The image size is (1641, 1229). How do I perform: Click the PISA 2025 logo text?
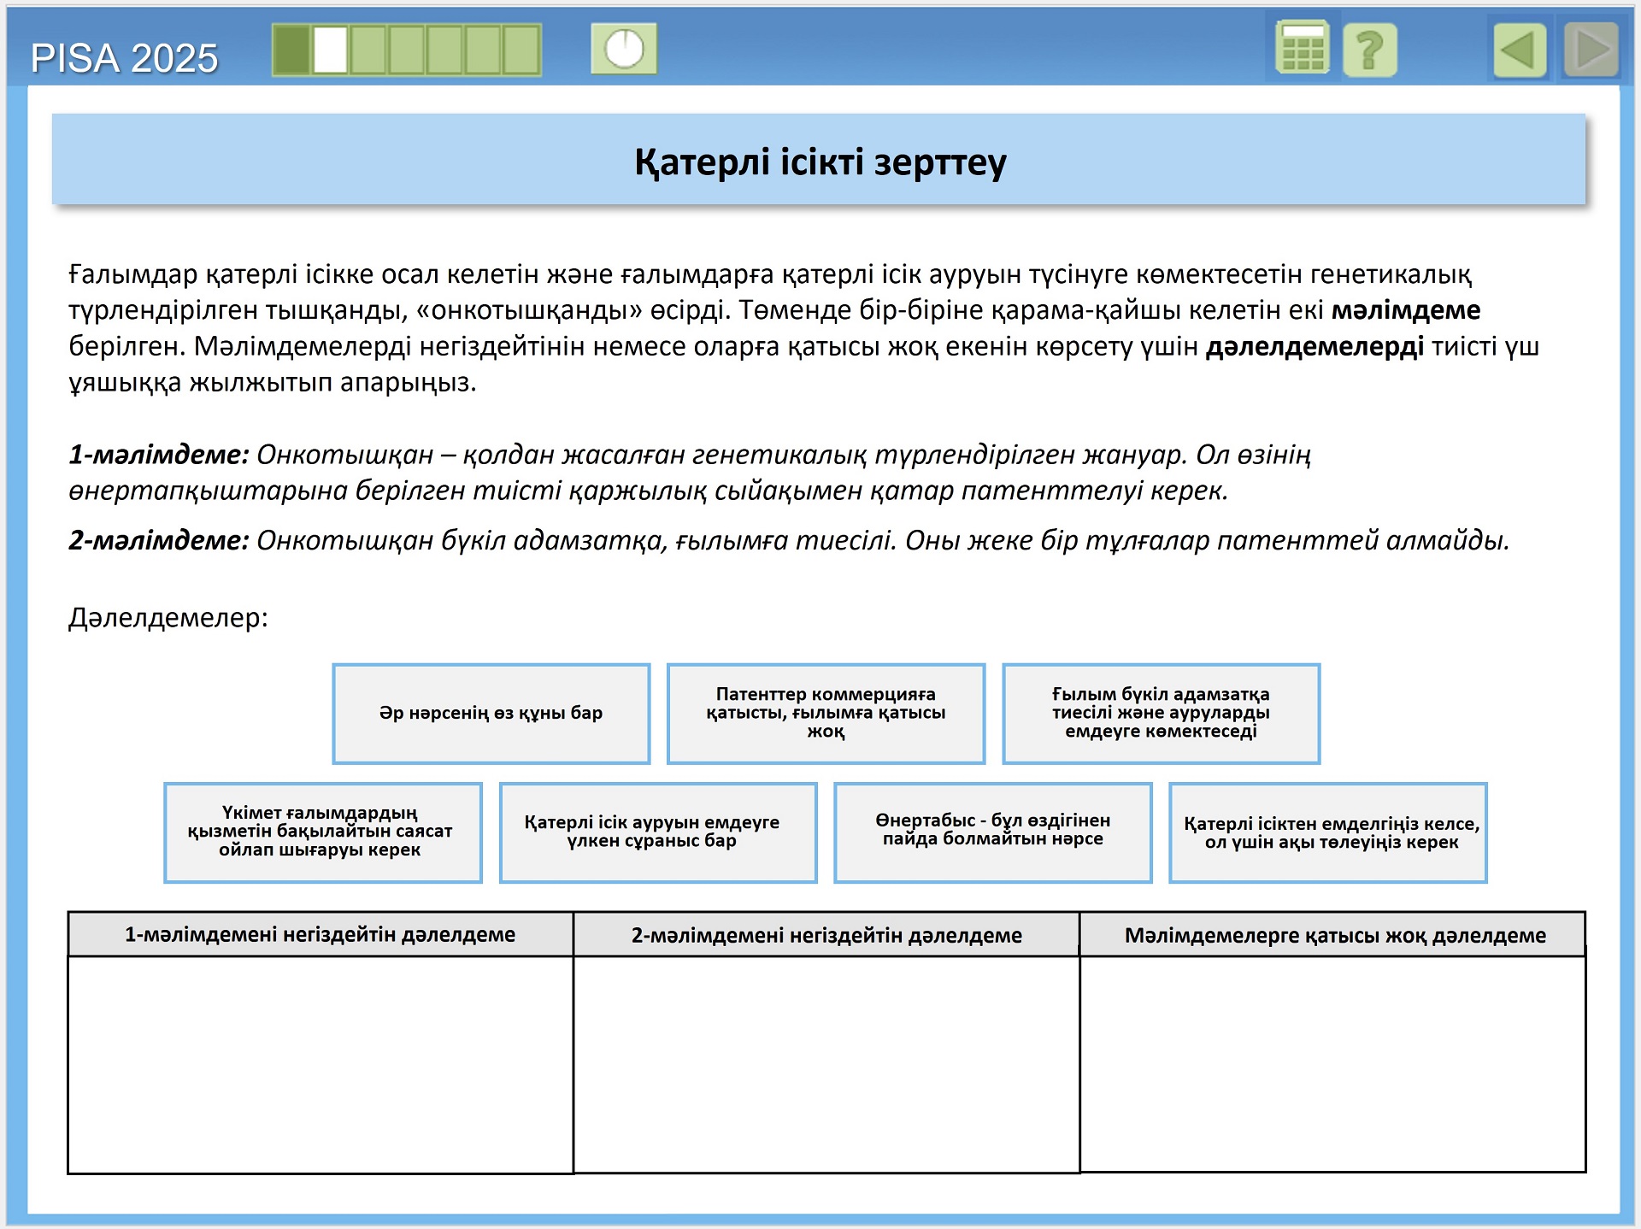(124, 58)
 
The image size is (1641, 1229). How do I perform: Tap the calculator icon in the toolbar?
(1302, 49)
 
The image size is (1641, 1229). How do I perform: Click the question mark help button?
(1369, 50)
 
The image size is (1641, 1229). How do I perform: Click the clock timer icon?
(624, 49)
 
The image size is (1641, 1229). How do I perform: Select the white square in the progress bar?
(330, 50)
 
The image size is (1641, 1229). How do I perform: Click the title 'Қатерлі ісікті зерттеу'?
(820, 162)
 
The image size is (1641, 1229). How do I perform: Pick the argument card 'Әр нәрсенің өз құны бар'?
(491, 713)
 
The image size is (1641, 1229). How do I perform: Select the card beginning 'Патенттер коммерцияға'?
(826, 713)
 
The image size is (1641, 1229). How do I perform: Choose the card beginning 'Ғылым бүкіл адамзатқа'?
(1161, 713)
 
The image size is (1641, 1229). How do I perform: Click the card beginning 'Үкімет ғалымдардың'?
(322, 832)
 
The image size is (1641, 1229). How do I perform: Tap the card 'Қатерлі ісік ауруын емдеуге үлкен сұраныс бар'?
(658, 832)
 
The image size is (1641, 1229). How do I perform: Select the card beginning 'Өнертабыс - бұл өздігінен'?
(992, 832)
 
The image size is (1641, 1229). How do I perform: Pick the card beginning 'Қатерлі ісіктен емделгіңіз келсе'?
(1327, 832)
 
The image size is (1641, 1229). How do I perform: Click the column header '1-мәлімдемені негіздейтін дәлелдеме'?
(321, 934)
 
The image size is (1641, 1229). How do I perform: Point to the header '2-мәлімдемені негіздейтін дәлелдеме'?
(826, 935)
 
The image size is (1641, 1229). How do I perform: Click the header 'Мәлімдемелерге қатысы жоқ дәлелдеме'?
(1334, 935)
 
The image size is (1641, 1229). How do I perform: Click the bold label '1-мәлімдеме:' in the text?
(159, 455)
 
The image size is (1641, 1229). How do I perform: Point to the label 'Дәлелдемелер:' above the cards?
(168, 617)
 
